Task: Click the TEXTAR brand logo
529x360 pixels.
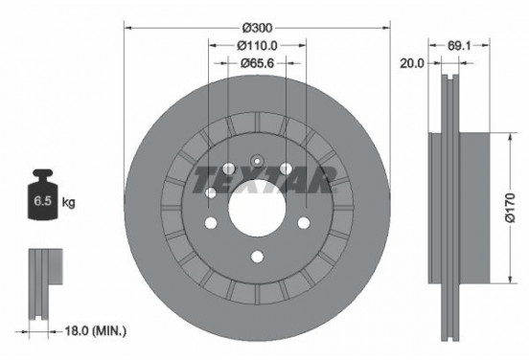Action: (x=263, y=179)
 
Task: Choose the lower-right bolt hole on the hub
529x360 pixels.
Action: (x=304, y=222)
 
